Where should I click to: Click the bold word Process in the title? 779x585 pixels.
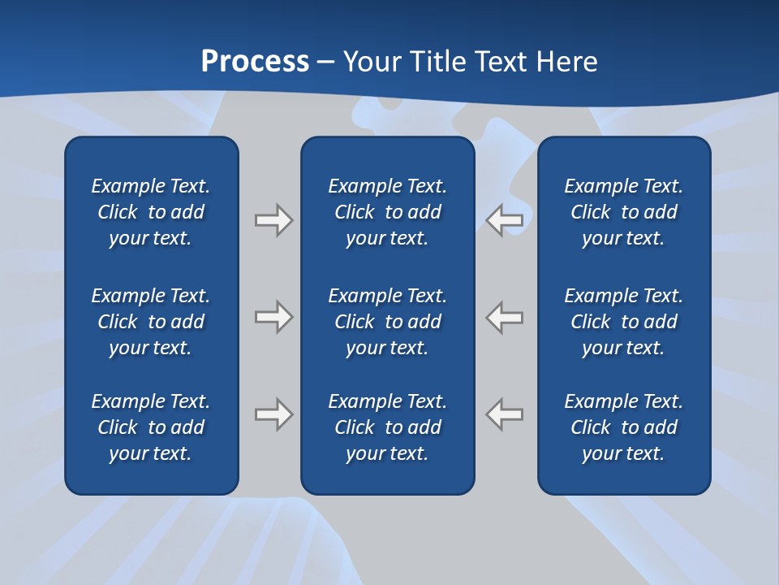click(255, 62)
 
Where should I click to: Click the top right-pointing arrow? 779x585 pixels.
click(273, 220)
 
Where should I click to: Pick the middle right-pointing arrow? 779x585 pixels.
click(273, 317)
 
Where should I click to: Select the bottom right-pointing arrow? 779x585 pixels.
click(273, 414)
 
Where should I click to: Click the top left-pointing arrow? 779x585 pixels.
click(505, 220)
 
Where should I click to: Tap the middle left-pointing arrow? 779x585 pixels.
click(505, 317)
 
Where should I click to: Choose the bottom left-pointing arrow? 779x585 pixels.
click(505, 414)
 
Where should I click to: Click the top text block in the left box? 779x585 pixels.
click(151, 212)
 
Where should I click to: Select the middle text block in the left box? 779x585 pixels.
click(151, 322)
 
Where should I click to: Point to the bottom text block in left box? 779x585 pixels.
click(151, 427)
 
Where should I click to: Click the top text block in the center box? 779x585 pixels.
click(388, 212)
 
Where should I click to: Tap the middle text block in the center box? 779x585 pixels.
click(388, 322)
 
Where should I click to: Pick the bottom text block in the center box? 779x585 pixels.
click(388, 427)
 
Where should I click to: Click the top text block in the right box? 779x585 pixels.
click(624, 212)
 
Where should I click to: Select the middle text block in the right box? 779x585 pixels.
click(624, 322)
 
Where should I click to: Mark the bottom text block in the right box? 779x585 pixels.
click(624, 427)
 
